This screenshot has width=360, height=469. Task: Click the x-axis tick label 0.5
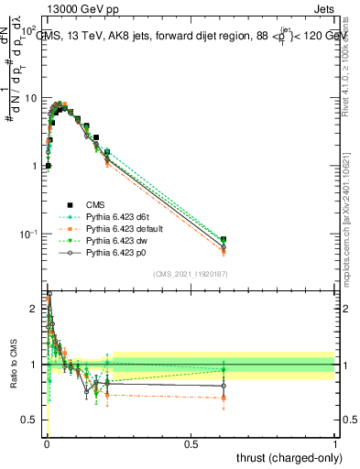point(191,443)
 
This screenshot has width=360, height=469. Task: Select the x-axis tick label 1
point(336,443)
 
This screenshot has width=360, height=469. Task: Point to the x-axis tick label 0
point(46,443)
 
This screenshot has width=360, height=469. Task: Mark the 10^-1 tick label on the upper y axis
point(28,234)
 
